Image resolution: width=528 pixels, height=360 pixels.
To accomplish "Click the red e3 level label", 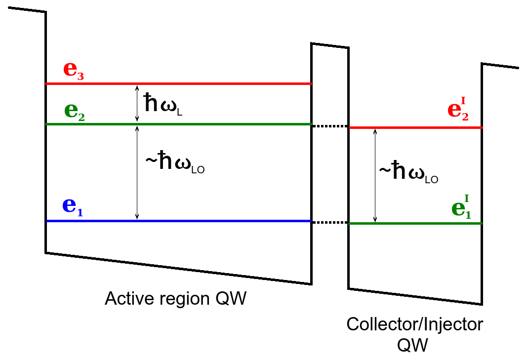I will [74, 70].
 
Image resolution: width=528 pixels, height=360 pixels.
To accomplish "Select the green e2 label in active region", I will [75, 111].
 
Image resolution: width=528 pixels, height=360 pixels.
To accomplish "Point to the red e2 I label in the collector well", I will [458, 110].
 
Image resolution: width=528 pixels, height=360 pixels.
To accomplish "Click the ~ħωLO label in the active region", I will [174, 164].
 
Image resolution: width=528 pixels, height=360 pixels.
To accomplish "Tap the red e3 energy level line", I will [178, 84].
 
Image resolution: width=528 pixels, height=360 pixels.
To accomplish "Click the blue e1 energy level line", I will [178, 221].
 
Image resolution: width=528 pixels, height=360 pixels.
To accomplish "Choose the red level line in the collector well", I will [415, 128].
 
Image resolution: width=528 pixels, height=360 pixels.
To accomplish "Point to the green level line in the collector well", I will [415, 224].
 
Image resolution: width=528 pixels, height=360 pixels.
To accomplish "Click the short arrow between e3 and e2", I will [137, 104].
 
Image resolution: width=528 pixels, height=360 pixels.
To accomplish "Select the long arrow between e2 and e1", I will [137, 172].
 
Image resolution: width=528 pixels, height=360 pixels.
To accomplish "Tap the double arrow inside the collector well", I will [375, 176].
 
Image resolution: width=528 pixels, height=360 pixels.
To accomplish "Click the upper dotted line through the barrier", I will [330, 126].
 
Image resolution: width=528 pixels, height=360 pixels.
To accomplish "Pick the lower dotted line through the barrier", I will [330, 222].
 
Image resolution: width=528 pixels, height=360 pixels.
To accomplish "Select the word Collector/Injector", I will [414, 324].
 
